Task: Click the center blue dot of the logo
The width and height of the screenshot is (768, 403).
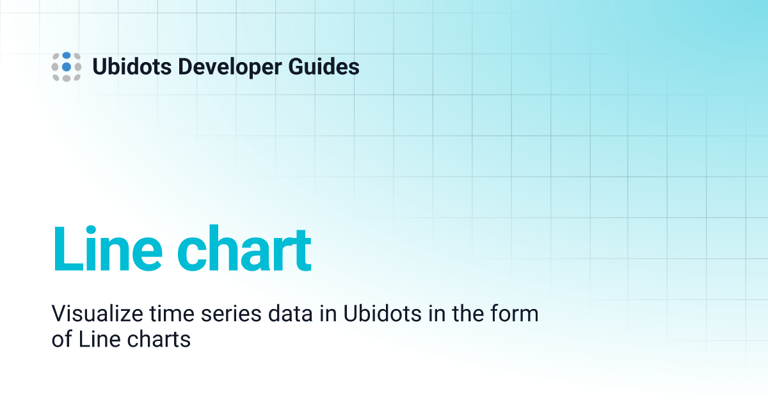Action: [67, 67]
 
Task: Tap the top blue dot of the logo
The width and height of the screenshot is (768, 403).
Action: [67, 56]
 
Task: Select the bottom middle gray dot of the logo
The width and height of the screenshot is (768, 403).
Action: [67, 78]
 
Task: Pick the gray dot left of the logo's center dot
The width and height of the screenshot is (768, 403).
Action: [56, 67]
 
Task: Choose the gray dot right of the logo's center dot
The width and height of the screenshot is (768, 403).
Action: [77, 67]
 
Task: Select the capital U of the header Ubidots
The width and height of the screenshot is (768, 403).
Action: [100, 67]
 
